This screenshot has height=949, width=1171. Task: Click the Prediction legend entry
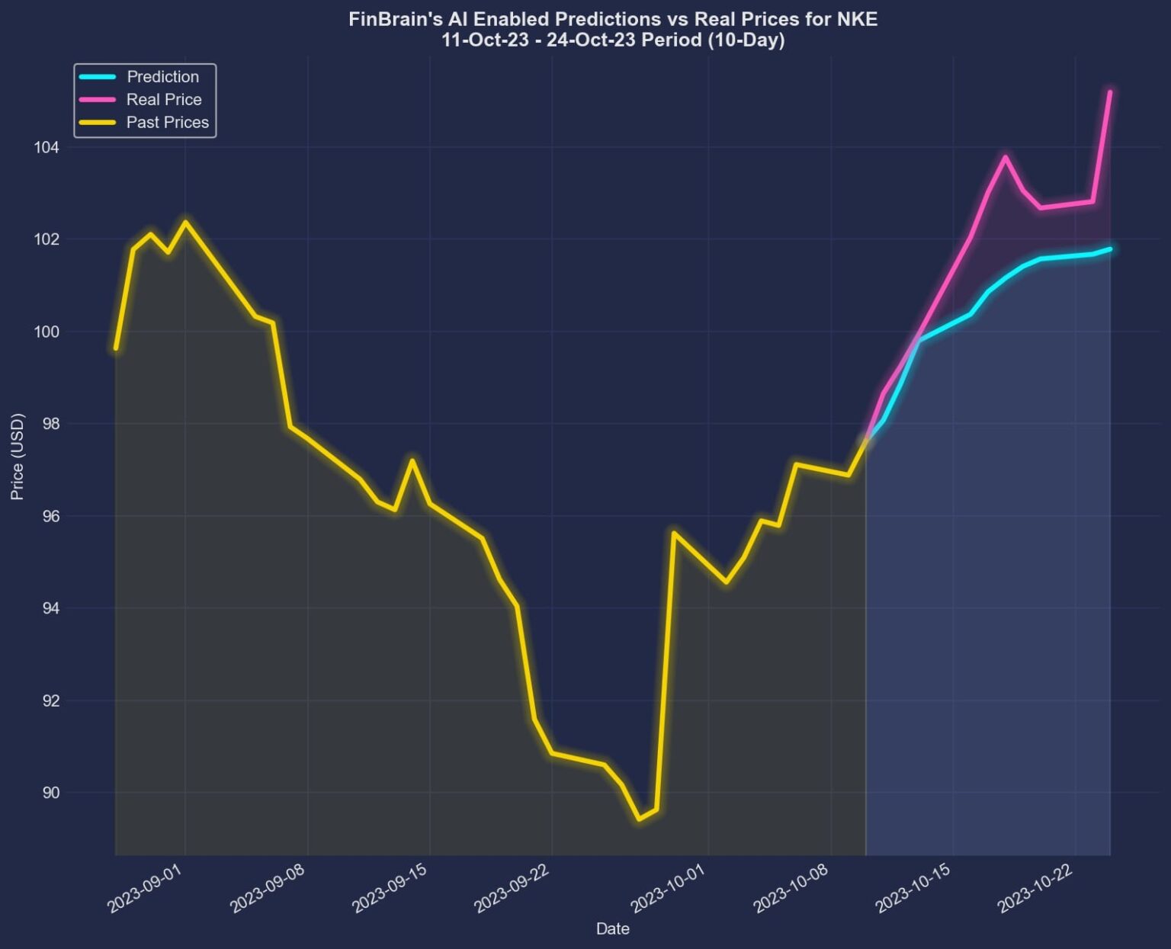(162, 77)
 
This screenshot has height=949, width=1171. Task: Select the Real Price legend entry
(164, 100)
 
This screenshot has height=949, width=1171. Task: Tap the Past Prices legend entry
(167, 123)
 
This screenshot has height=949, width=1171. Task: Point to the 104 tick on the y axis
(47, 147)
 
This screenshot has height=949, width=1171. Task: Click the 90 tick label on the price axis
(51, 793)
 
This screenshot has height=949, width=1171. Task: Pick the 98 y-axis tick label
(51, 424)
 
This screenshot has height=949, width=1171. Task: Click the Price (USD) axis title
(18, 457)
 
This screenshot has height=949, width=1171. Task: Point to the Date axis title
(612, 928)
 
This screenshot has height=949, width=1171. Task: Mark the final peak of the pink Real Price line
(1110, 91)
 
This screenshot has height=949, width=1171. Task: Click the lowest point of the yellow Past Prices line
(639, 819)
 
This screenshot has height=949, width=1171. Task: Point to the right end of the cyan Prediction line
(1110, 248)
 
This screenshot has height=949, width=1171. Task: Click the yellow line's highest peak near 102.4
(185, 222)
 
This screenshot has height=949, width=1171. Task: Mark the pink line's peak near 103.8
(1005, 156)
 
